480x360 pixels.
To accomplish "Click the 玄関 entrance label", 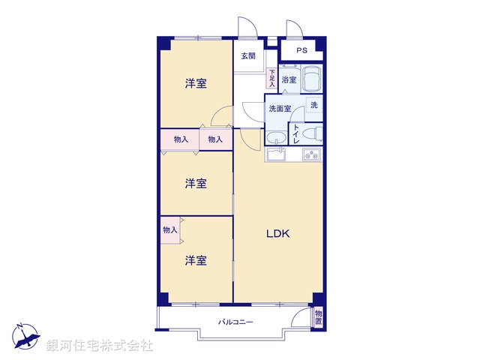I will (248, 56).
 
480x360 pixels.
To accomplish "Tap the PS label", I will (301, 51).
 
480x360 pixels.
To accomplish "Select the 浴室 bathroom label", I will (289, 79).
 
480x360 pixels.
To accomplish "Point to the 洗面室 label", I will (280, 108).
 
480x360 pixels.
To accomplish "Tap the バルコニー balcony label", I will (235, 322).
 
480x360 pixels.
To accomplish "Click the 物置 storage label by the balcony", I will (319, 317).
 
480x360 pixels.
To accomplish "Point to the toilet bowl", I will (315, 134).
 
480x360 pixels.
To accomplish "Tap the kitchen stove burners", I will (311, 155).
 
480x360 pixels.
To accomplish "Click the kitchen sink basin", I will (275, 155).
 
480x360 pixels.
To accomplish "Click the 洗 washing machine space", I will (313, 106).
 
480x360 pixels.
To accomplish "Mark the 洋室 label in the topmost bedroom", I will (196, 84).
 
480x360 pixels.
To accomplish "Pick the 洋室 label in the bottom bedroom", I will (196, 260).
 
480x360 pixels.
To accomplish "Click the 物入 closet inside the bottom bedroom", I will (169, 230).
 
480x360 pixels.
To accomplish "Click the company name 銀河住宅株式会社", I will (100, 346).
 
